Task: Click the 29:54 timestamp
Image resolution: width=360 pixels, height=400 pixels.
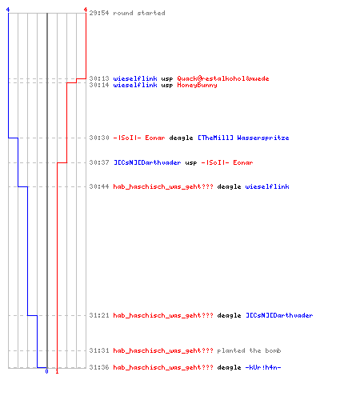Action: (x=99, y=13)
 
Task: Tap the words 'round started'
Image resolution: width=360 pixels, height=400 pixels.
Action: (x=139, y=13)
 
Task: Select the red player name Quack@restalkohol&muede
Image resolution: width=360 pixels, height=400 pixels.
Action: (x=223, y=78)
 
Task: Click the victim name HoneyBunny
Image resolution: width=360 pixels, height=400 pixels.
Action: (x=197, y=86)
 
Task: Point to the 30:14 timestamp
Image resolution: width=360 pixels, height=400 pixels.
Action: (x=99, y=85)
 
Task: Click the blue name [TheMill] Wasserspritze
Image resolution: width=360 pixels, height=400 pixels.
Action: (x=243, y=138)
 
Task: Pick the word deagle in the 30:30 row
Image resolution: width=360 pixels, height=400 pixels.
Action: (x=181, y=138)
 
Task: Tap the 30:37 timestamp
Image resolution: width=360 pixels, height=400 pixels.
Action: (x=99, y=162)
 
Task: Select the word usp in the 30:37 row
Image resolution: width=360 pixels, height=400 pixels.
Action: (x=191, y=163)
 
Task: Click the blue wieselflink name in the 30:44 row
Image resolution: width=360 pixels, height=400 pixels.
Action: (x=267, y=186)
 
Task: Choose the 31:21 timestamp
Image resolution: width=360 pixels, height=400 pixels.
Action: (x=99, y=315)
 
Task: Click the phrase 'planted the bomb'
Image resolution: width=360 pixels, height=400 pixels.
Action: (x=249, y=350)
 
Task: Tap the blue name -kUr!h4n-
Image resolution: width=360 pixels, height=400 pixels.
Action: (x=263, y=367)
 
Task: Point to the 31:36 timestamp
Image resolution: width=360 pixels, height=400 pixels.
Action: (x=99, y=367)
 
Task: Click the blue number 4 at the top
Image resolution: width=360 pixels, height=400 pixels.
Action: (x=8, y=10)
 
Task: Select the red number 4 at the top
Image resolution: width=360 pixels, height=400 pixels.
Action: (x=86, y=10)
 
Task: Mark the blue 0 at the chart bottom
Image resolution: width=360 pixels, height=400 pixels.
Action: (x=47, y=371)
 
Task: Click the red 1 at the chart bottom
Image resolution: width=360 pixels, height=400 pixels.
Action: (x=57, y=371)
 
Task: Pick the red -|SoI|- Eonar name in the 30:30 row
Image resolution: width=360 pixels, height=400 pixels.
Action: (x=139, y=138)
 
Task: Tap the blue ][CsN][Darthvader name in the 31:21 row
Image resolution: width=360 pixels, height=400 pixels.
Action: (x=279, y=315)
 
